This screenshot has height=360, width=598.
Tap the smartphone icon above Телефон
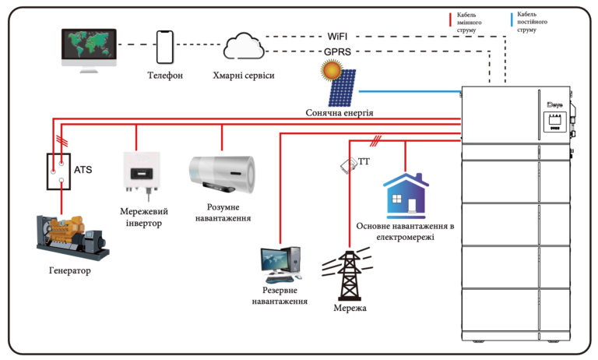point(164,48)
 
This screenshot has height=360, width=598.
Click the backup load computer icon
point(280,265)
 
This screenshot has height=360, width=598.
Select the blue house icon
point(405,196)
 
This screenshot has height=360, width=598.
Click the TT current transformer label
point(364,162)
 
